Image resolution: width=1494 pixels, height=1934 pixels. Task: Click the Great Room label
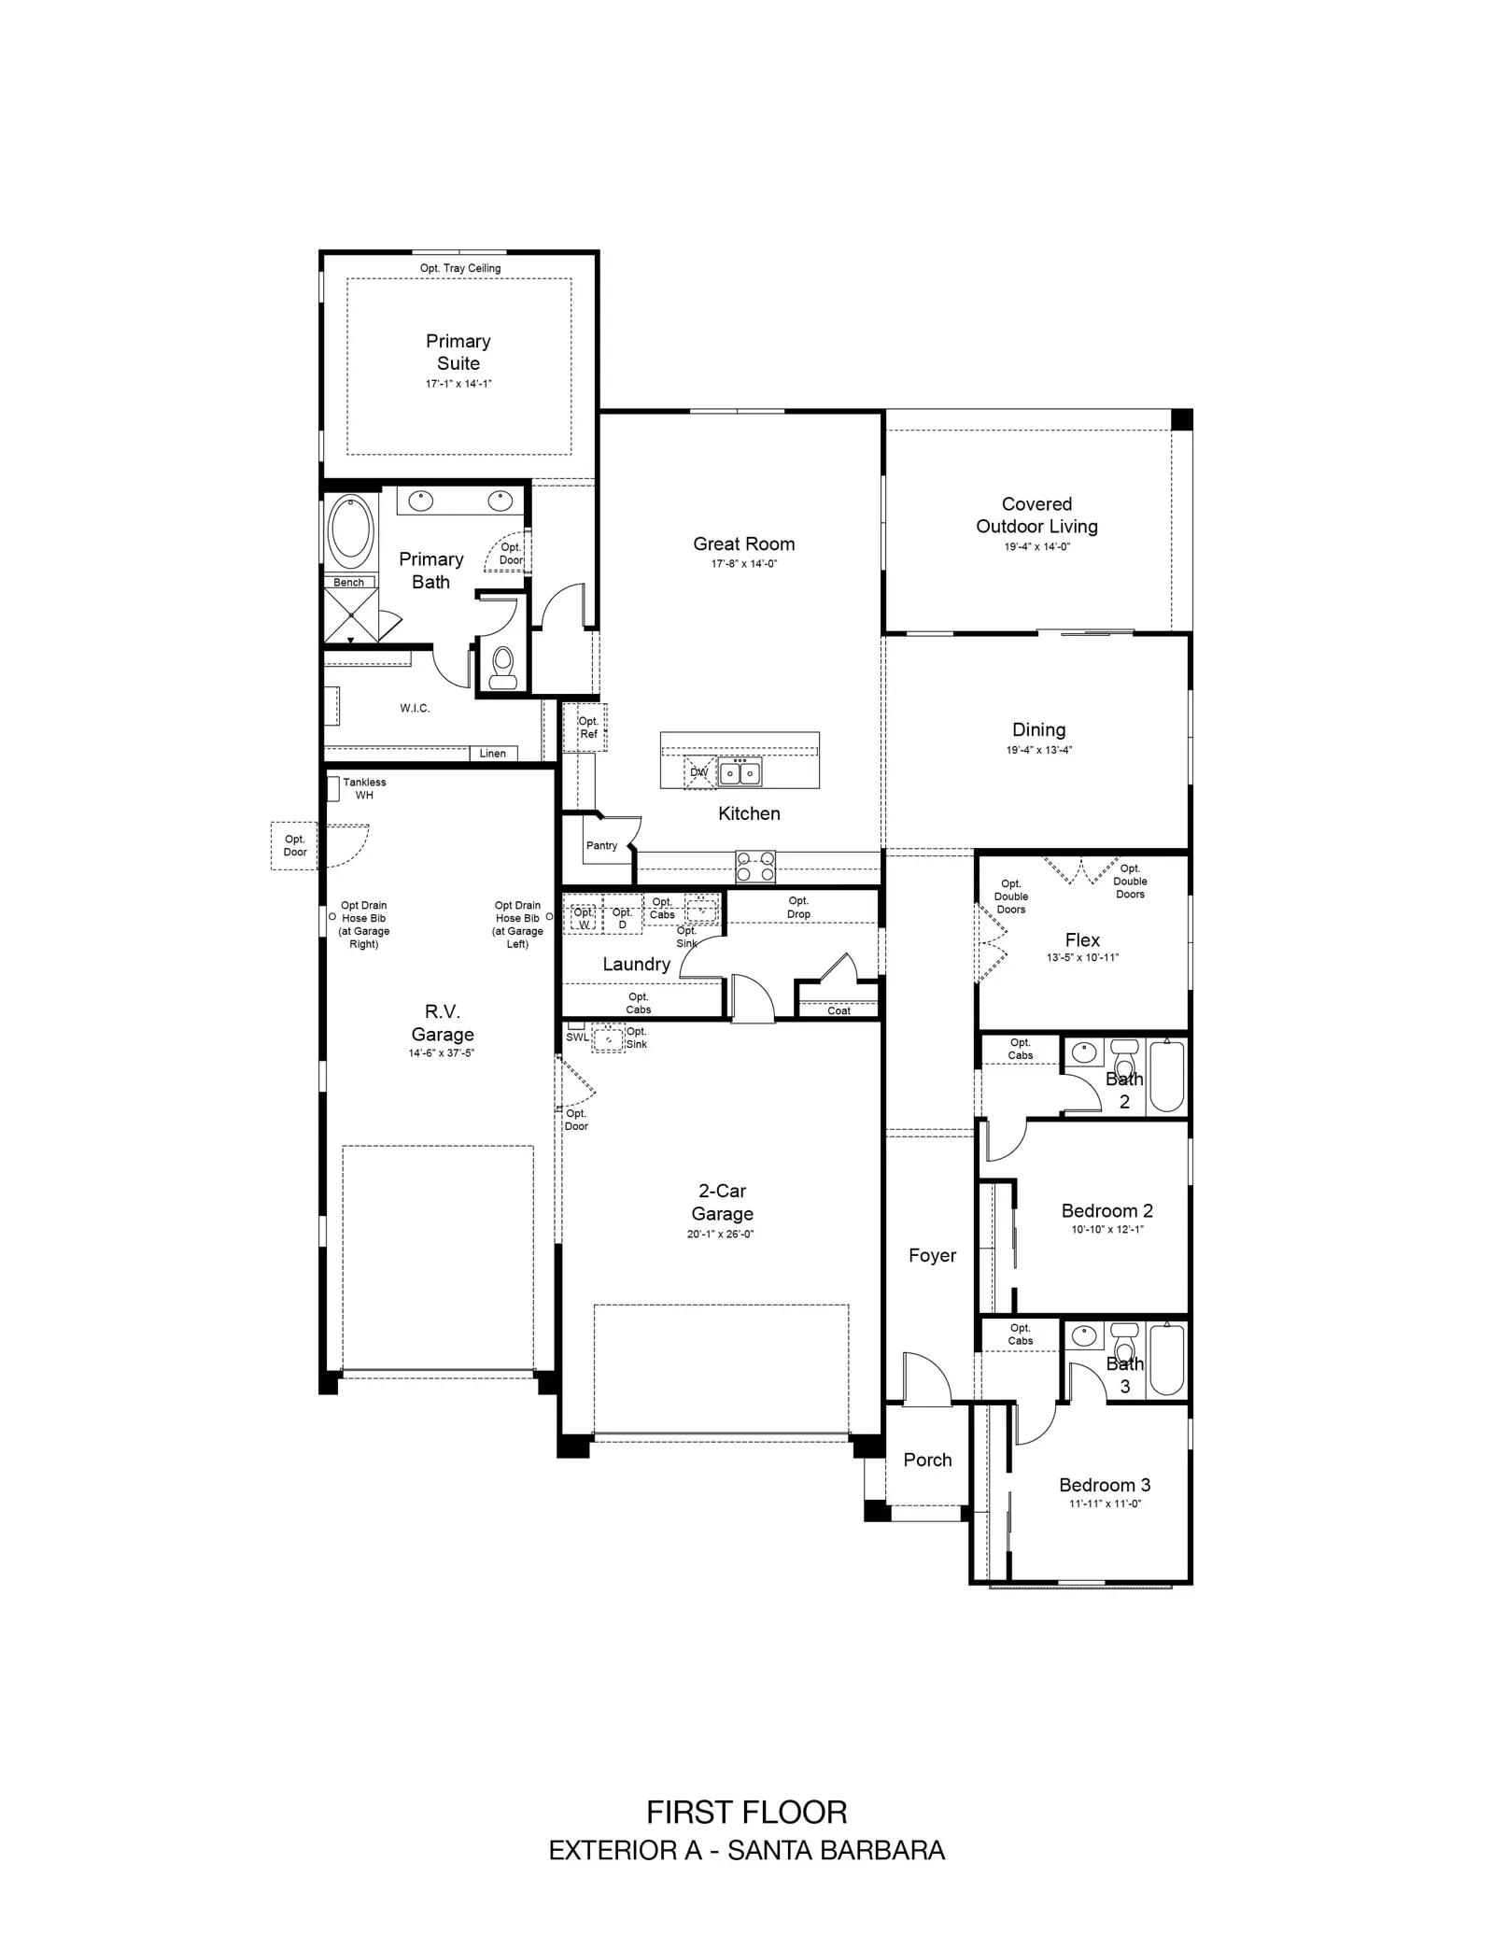pyautogui.click(x=743, y=543)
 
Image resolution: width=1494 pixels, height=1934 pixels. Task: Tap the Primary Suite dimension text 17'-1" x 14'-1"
pyautogui.click(x=458, y=384)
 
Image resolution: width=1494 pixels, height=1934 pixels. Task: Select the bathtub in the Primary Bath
pyautogui.click(x=351, y=531)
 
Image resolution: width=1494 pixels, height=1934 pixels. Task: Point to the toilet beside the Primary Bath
pyautogui.click(x=503, y=667)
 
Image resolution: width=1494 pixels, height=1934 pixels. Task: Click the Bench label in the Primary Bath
pyautogui.click(x=349, y=583)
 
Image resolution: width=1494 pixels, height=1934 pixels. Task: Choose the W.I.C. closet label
pyautogui.click(x=416, y=708)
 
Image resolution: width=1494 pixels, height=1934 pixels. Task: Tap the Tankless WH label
pyautogui.click(x=364, y=788)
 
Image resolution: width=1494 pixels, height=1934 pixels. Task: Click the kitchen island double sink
pyautogui.click(x=739, y=772)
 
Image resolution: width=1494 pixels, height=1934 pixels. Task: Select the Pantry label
pyautogui.click(x=601, y=845)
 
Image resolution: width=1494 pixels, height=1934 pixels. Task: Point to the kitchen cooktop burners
pyautogui.click(x=755, y=867)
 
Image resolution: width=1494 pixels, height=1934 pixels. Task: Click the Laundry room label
pyautogui.click(x=636, y=964)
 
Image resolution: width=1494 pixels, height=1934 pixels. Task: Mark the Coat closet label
pyautogui.click(x=839, y=1010)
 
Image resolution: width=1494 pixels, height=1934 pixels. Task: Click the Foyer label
pyautogui.click(x=932, y=1255)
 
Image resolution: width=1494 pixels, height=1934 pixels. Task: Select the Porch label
pyautogui.click(x=927, y=1460)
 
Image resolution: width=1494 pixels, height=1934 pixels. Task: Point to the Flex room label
pyautogui.click(x=1082, y=939)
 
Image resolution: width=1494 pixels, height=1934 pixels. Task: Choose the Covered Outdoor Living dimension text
pyautogui.click(x=1036, y=546)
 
